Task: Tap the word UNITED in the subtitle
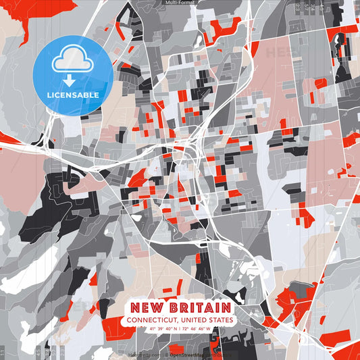pyautogui.click(x=195, y=320)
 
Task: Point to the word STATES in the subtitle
pyautogui.click(x=221, y=320)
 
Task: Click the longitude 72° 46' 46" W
pyautogui.click(x=197, y=329)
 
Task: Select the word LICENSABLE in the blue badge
pyautogui.click(x=73, y=95)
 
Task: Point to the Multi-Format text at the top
pyautogui.click(x=179, y=3)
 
